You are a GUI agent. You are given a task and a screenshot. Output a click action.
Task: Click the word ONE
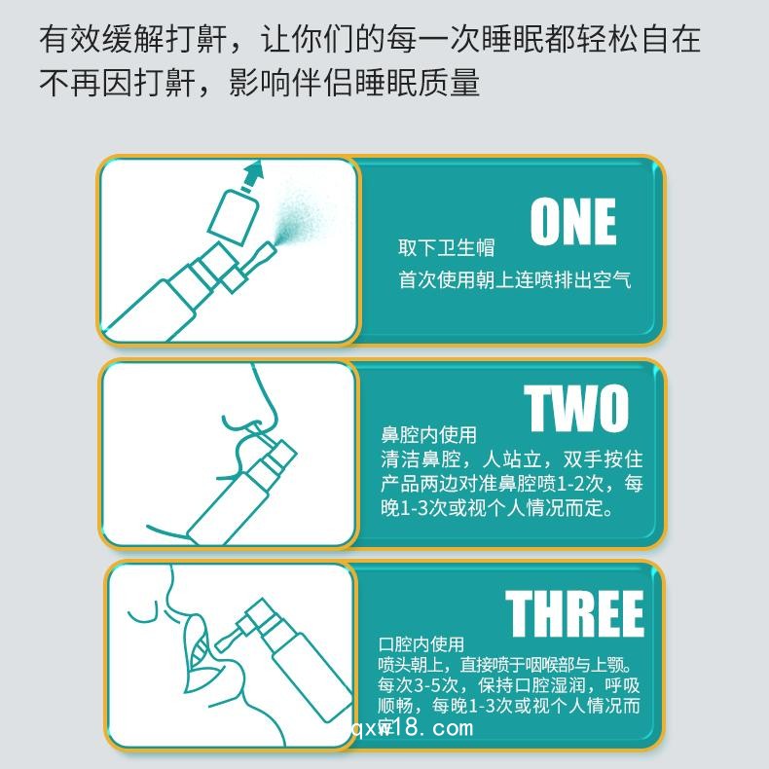click(573, 222)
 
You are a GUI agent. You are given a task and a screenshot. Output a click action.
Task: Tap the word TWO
click(577, 409)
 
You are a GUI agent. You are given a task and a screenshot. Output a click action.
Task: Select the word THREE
click(574, 613)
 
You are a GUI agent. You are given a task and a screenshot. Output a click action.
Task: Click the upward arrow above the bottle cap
click(252, 174)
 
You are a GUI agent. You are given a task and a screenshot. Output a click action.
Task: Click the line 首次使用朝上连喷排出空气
click(514, 279)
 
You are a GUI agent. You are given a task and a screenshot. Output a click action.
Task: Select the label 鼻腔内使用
click(428, 434)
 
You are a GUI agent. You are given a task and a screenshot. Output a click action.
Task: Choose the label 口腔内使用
click(421, 643)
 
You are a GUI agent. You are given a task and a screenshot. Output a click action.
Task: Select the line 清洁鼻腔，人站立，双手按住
click(511, 458)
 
